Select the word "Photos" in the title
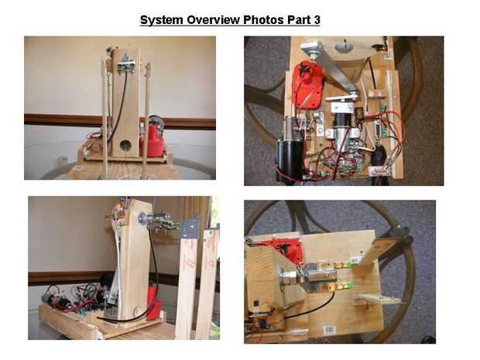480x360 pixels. pos(263,20)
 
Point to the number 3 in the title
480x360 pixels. pos(317,20)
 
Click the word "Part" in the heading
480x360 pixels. pos(299,20)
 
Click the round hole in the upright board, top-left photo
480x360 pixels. pos(125,145)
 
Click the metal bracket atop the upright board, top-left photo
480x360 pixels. pos(126,63)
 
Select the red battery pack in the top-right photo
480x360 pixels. pos(307,82)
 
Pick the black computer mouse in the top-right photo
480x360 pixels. pos(379,156)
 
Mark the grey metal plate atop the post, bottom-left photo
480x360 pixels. pos(190,228)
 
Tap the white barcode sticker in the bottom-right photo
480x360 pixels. pos(329,330)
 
